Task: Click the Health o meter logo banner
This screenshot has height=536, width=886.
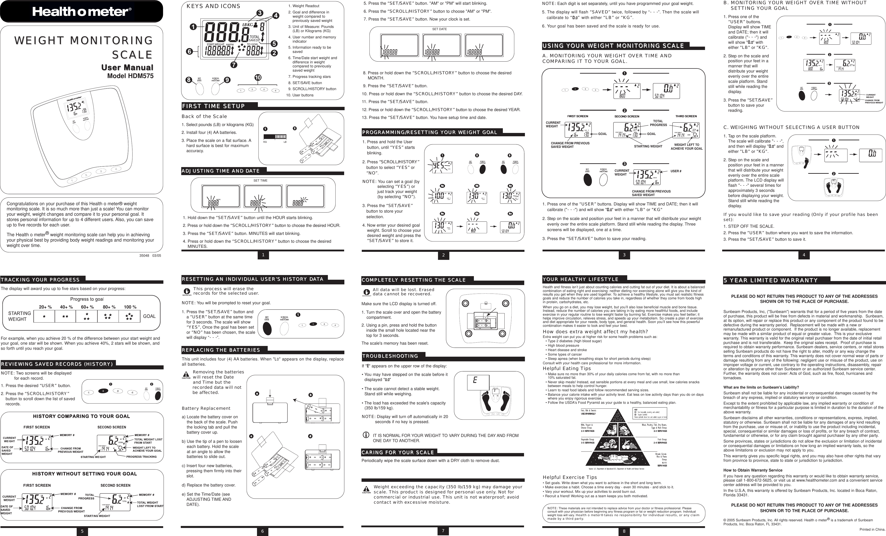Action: pyautogui.click(x=81, y=12)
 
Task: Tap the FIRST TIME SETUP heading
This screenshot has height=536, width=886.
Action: pyautogui.click(x=213, y=106)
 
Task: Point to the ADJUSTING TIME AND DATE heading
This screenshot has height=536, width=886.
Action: pyautogui.click(x=220, y=171)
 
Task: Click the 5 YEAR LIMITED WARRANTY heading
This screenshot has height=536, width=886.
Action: pyautogui.click(x=771, y=280)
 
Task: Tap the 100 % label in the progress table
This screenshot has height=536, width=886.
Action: pyautogui.click(x=130, y=307)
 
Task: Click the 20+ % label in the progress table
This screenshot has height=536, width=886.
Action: pyautogui.click(x=45, y=307)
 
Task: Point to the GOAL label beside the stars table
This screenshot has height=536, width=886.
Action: pyautogui.click(x=149, y=316)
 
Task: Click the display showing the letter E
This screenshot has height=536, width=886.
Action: pyautogui.click(x=478, y=382)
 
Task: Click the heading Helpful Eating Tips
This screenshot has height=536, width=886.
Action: pyautogui.click(x=567, y=368)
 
